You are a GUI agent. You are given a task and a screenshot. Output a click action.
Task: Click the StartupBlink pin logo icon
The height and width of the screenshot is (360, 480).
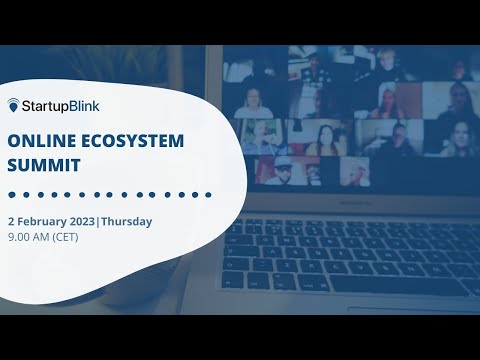pos(14,104)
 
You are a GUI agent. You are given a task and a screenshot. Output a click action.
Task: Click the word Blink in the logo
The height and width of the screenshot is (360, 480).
pos(85,105)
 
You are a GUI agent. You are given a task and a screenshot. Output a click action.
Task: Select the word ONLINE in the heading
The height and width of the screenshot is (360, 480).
pos(38,141)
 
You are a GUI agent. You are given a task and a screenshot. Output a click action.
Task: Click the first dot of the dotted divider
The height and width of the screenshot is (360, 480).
pos(10,194)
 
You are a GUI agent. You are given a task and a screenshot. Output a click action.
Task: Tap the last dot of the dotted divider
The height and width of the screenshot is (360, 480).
pos(209,194)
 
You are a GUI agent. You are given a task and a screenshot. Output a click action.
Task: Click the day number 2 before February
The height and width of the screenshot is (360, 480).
pos(11,221)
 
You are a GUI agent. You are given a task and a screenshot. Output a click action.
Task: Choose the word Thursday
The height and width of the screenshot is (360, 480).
pos(130,221)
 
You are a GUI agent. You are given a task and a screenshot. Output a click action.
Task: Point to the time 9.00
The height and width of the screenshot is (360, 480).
pos(20,238)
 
